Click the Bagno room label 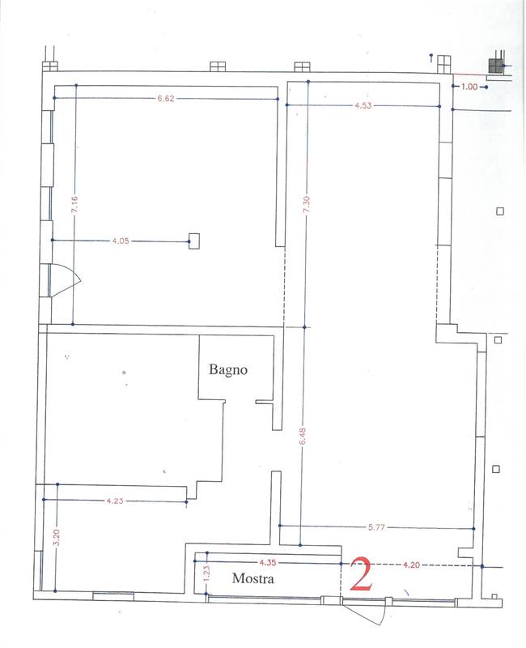(228, 369)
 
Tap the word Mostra (253, 578)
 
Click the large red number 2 (361, 573)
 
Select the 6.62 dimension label (166, 98)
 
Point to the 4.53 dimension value (363, 105)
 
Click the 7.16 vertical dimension (74, 205)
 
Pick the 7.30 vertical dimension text (307, 205)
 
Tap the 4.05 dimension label (121, 241)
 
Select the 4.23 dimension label (115, 501)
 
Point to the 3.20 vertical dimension (57, 537)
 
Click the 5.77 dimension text (376, 527)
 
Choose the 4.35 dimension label (268, 562)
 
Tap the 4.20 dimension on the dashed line (411, 565)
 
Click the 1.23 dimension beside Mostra (207, 574)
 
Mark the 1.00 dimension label (469, 87)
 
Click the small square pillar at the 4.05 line (194, 241)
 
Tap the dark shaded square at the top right (495, 66)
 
